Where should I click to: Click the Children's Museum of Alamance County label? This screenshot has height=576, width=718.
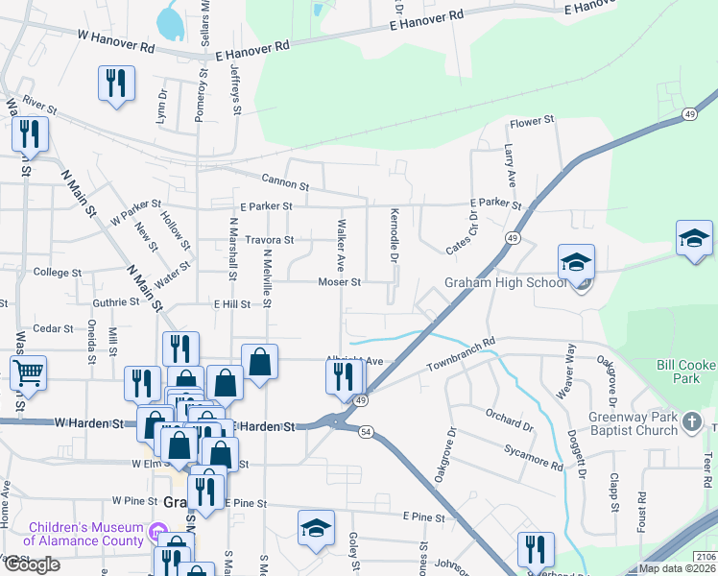84,533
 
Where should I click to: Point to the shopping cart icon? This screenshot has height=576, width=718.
29,373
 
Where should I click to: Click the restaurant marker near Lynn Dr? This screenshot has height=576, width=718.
117,84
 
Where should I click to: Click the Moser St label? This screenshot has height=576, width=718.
340,282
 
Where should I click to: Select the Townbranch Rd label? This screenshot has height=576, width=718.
461,354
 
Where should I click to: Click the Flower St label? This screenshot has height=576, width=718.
533,122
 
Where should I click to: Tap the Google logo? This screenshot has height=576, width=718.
32,564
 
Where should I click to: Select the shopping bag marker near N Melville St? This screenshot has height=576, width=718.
259,364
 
